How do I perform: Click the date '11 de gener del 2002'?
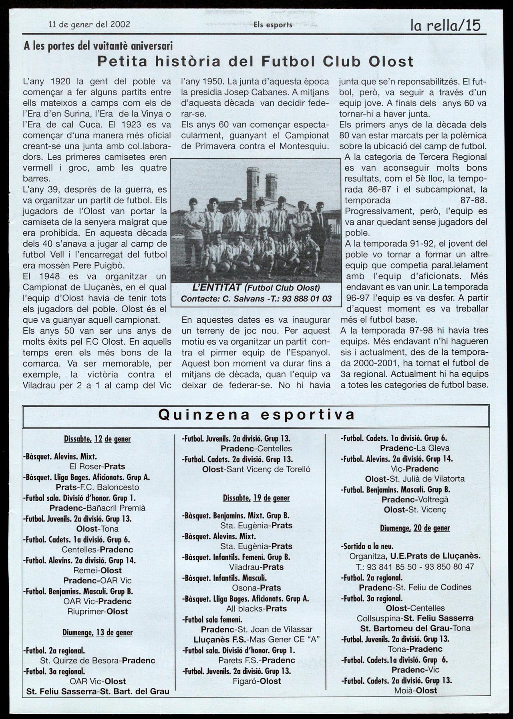[x=89, y=24]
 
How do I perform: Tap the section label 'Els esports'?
[x=273, y=25]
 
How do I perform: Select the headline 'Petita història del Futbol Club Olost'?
[x=256, y=62]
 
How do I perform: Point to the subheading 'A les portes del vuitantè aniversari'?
[x=98, y=46]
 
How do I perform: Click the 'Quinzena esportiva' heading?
[x=256, y=414]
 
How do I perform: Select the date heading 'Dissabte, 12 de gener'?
[x=97, y=439]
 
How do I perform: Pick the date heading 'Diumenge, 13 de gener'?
[x=97, y=633]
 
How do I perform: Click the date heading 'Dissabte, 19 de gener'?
[x=256, y=498]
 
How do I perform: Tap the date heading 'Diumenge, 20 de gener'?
[x=414, y=528]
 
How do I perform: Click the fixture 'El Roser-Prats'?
[x=97, y=466]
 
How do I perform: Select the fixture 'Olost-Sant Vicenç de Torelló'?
[x=256, y=470]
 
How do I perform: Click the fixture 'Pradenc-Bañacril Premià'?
[x=97, y=508]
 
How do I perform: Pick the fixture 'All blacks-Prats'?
[x=256, y=609]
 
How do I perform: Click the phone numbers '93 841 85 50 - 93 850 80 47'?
[x=414, y=567]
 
